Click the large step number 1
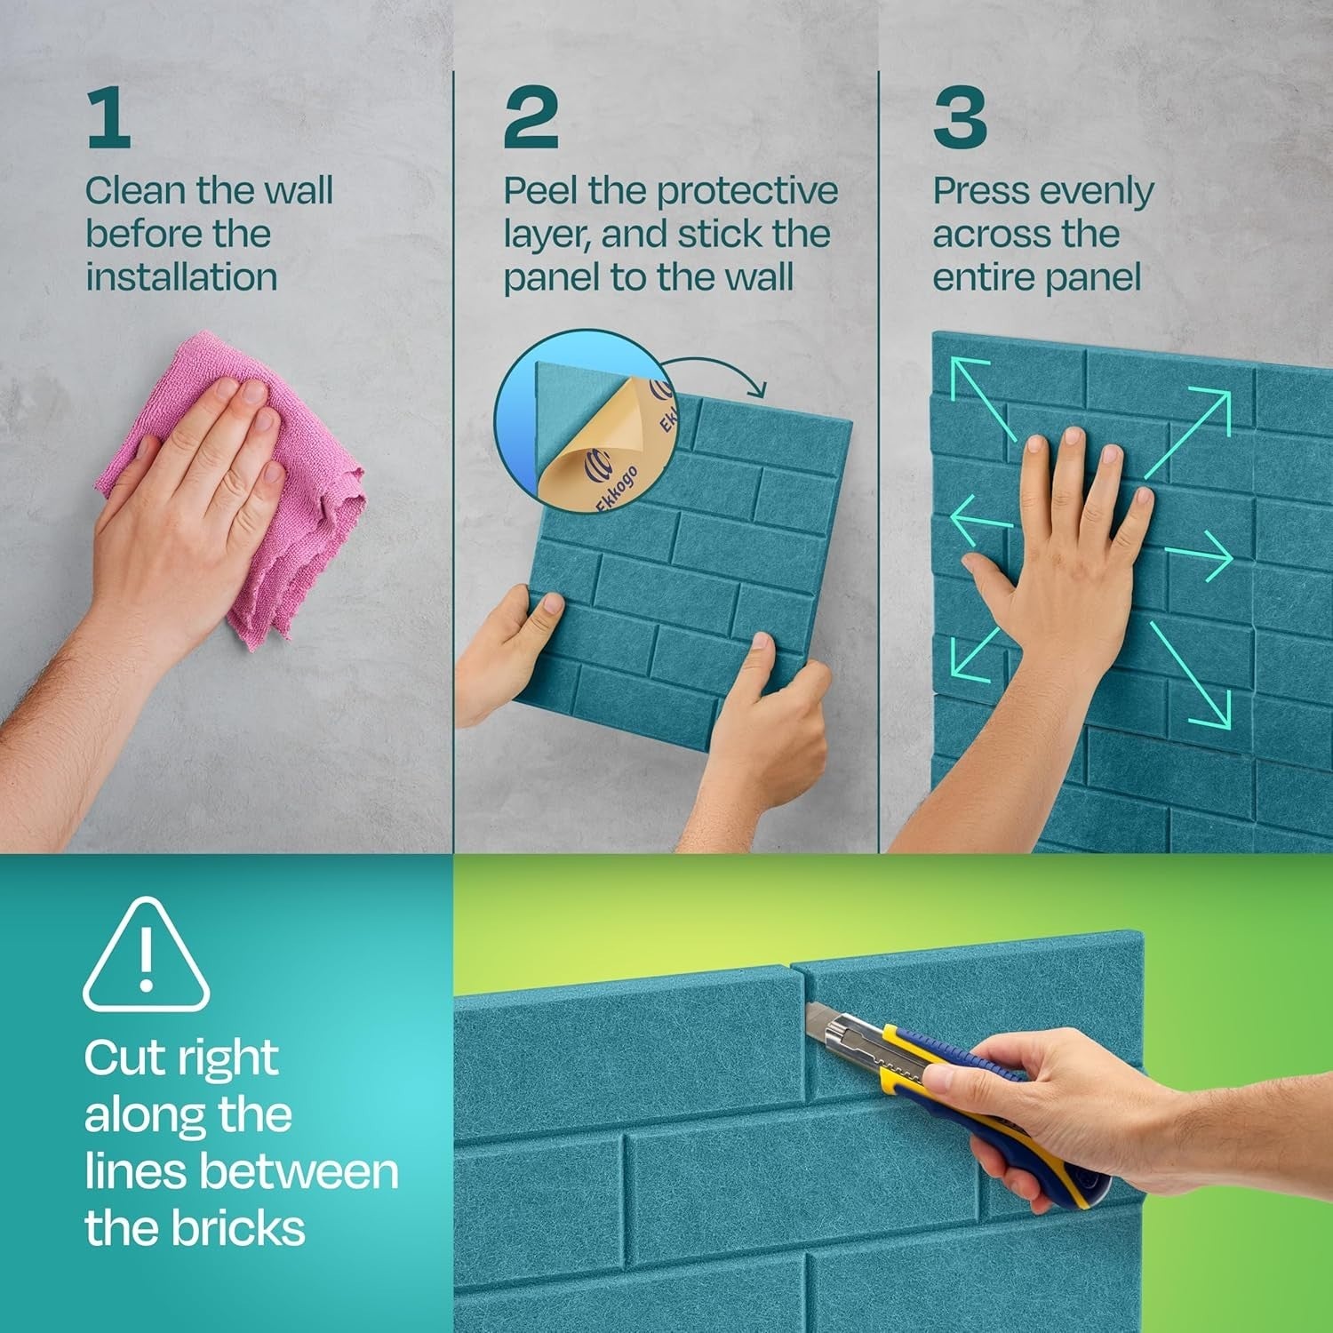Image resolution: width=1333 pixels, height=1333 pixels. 109,118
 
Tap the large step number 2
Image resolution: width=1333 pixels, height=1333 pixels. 531,118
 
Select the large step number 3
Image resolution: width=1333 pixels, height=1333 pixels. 960,118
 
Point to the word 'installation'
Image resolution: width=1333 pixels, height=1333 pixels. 181,277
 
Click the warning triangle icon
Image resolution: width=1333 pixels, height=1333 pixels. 146,956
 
